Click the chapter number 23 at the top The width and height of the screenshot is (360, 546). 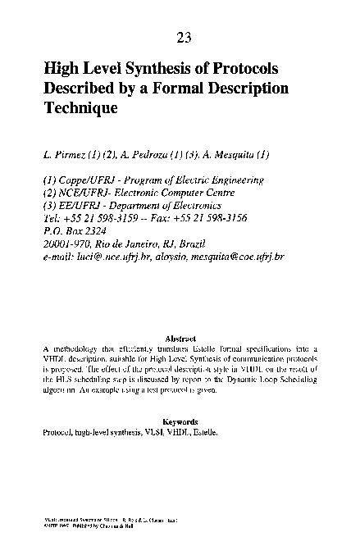[x=184, y=37]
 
